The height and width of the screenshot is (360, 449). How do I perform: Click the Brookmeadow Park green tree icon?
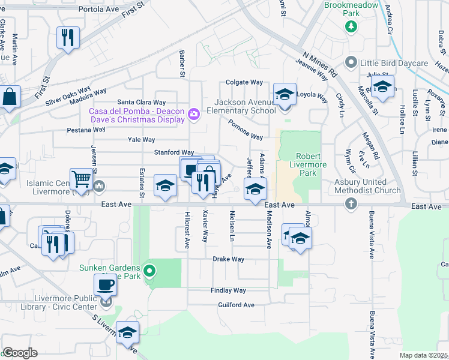coord(351,26)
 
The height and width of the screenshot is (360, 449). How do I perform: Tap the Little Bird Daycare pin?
coord(351,62)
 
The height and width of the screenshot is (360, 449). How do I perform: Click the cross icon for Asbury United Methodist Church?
coord(351,204)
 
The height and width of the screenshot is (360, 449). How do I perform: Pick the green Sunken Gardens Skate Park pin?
coord(149,272)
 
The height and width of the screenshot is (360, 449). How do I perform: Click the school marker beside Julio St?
coord(382,87)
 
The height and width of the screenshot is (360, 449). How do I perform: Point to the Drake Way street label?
coord(229,259)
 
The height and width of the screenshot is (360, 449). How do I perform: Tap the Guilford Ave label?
coord(236,305)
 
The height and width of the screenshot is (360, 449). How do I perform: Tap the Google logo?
coord(20,353)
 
